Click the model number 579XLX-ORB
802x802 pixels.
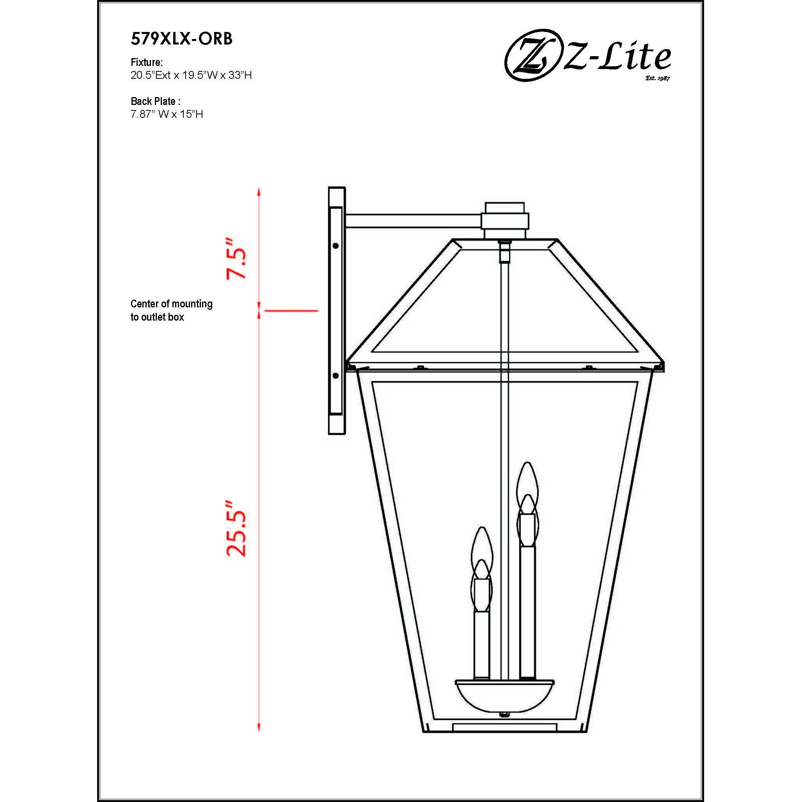(x=181, y=39)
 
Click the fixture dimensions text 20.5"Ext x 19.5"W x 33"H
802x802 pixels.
(x=191, y=75)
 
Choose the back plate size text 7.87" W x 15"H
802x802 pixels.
(x=167, y=114)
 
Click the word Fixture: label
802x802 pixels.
(x=147, y=62)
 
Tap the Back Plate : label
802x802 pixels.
(x=156, y=101)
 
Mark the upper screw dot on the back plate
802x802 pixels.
(x=335, y=246)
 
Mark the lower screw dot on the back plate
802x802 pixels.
(x=335, y=376)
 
